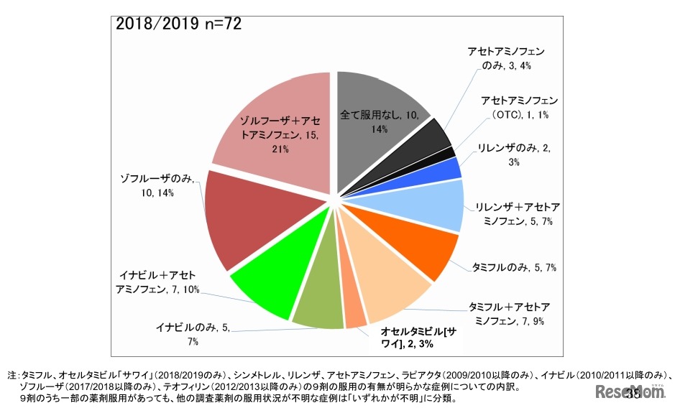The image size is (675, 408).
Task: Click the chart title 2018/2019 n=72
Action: click(178, 24)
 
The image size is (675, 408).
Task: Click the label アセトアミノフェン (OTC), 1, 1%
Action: click(519, 108)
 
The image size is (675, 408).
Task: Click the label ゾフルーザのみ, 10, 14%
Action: click(157, 185)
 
